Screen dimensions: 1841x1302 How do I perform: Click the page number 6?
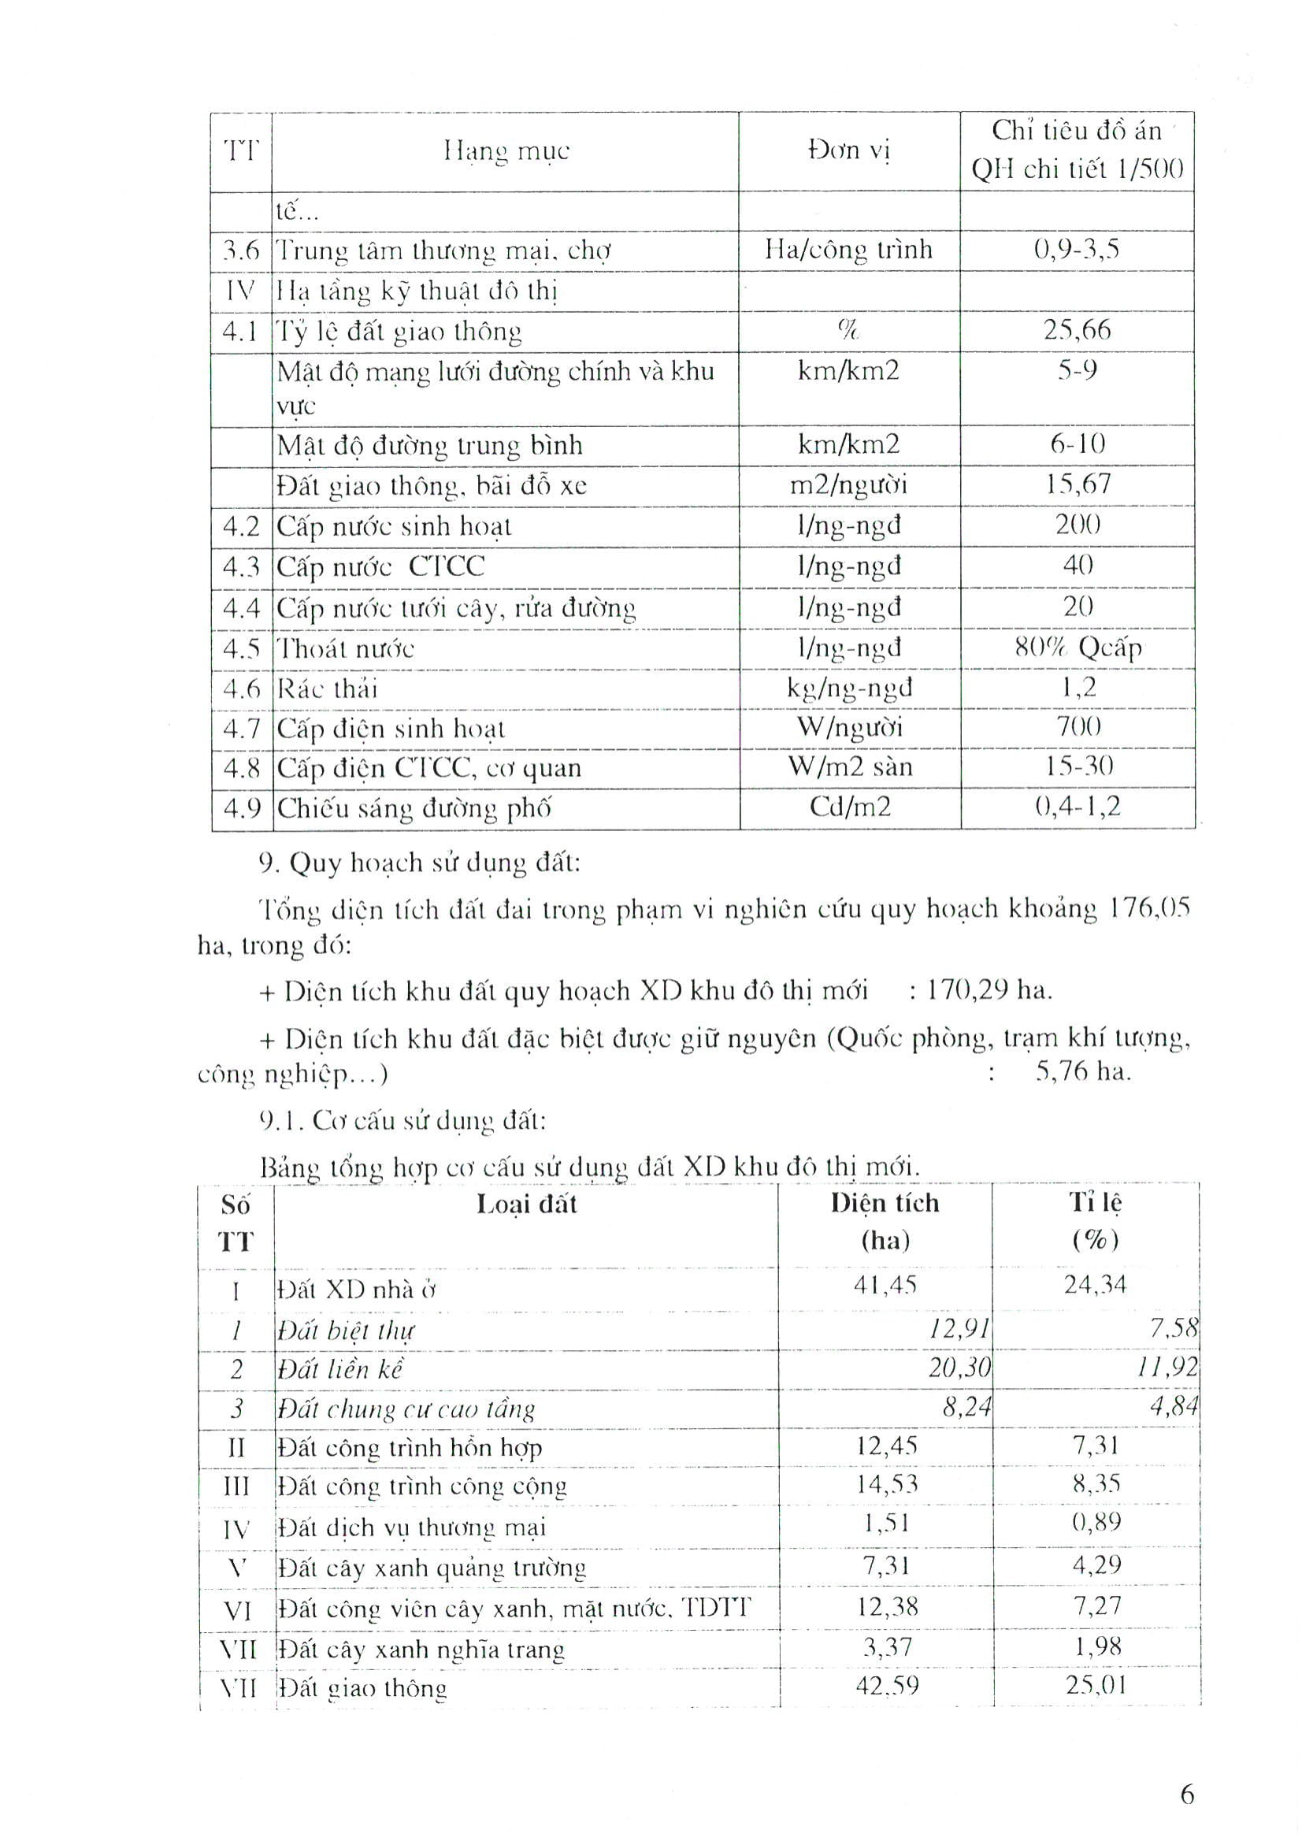click(x=1187, y=1794)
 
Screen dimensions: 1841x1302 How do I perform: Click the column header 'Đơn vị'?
click(x=849, y=150)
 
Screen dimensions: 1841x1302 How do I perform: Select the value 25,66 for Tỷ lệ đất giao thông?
click(x=1077, y=329)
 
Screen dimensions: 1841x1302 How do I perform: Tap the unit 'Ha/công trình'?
click(x=848, y=250)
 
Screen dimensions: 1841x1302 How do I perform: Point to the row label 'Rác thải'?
click(x=327, y=689)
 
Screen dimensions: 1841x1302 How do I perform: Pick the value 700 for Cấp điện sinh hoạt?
click(x=1078, y=726)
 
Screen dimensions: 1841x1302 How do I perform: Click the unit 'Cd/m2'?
click(x=850, y=806)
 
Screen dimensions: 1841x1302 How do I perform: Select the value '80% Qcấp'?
click(x=1078, y=647)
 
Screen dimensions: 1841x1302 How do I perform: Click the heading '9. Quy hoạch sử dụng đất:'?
click(x=418, y=863)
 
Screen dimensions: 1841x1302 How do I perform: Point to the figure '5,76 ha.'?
click(x=1083, y=1072)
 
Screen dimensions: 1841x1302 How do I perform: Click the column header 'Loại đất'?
click(x=526, y=1204)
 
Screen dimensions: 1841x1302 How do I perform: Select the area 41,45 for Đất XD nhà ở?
click(x=885, y=1286)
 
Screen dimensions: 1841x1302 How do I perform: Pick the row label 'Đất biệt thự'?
click(x=347, y=1331)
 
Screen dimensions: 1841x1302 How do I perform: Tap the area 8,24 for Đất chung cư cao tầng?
click(x=966, y=1406)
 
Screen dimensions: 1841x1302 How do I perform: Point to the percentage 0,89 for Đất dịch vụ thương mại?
click(x=1096, y=1522)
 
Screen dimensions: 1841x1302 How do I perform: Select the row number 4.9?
click(x=242, y=807)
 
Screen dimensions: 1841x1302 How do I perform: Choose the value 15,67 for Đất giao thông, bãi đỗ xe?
click(x=1078, y=484)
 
